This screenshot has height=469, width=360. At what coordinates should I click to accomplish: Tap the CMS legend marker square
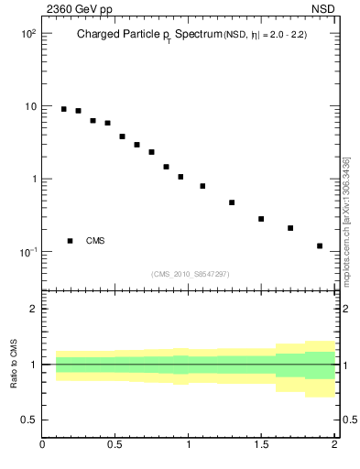[x=70, y=241]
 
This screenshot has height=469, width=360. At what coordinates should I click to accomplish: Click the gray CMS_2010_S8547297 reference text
[x=191, y=274]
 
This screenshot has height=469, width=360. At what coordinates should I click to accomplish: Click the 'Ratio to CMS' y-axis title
[x=14, y=365]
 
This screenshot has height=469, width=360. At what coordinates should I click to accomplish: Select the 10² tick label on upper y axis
[x=27, y=33]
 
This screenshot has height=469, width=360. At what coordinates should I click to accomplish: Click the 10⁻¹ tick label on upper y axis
[x=27, y=252]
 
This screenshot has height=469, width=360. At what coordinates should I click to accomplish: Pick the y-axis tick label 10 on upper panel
[x=29, y=106]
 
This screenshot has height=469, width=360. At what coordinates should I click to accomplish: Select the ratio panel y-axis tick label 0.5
[x=28, y=420]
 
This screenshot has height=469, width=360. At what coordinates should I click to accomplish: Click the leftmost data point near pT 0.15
[x=63, y=109]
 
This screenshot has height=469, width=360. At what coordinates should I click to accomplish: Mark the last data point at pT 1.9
[x=320, y=245]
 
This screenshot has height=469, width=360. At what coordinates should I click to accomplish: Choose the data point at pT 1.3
[x=232, y=202]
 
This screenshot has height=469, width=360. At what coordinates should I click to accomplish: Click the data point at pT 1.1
[x=202, y=186]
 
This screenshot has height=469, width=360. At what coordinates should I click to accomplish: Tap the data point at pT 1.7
[x=290, y=228]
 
